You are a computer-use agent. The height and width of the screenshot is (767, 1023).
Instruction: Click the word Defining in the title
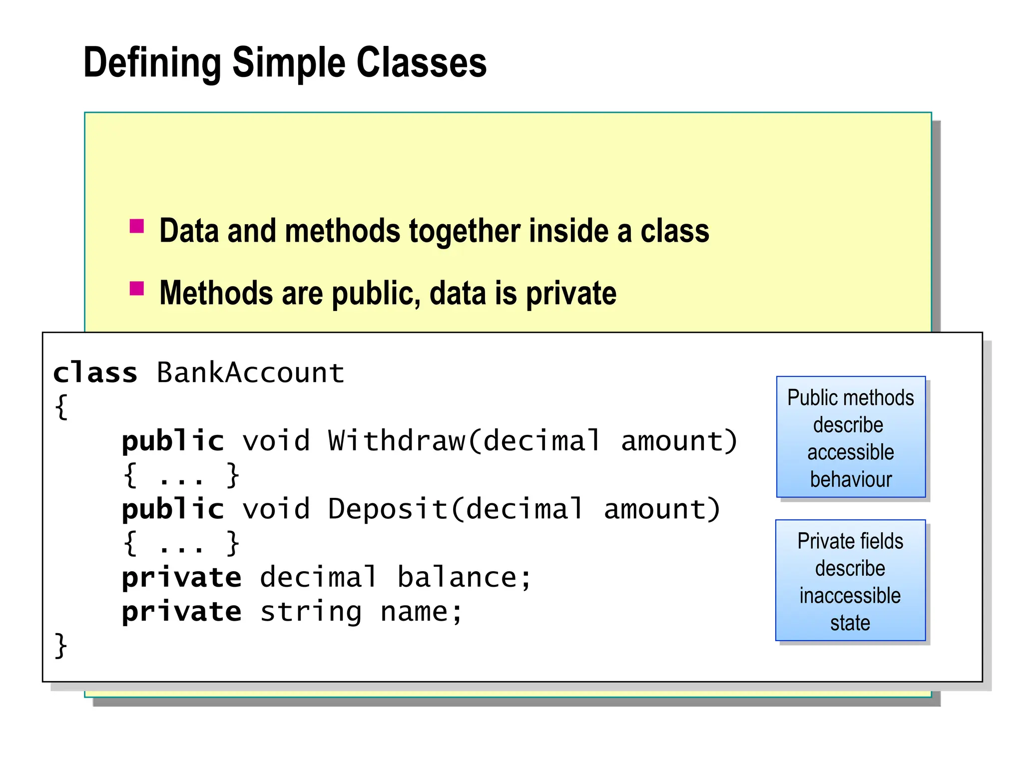coord(152,63)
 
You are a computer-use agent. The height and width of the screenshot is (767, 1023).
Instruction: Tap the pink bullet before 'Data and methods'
coord(136,226)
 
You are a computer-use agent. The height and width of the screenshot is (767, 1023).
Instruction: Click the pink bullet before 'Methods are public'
coord(136,288)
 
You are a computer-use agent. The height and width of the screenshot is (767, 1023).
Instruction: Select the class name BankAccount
coord(250,373)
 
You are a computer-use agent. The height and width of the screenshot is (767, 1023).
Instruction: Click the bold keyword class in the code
coord(95,373)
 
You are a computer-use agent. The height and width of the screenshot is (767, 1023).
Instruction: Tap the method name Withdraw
coord(397,441)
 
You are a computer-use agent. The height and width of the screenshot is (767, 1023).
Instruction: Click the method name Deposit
coord(388,509)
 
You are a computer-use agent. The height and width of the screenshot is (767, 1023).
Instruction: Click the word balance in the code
coord(457,578)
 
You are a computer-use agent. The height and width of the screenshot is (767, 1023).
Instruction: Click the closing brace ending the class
coord(60,646)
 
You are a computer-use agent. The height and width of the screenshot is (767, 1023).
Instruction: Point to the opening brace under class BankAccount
coord(61,407)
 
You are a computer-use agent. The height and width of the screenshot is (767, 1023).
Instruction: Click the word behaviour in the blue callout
coord(851,479)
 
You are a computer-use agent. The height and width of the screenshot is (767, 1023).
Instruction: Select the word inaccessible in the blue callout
coord(850,596)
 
